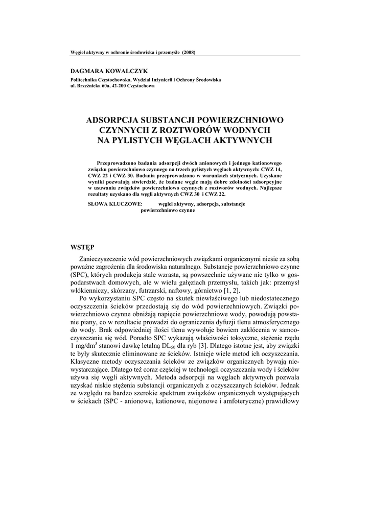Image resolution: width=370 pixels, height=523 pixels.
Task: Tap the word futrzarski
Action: [x=150, y=288]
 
